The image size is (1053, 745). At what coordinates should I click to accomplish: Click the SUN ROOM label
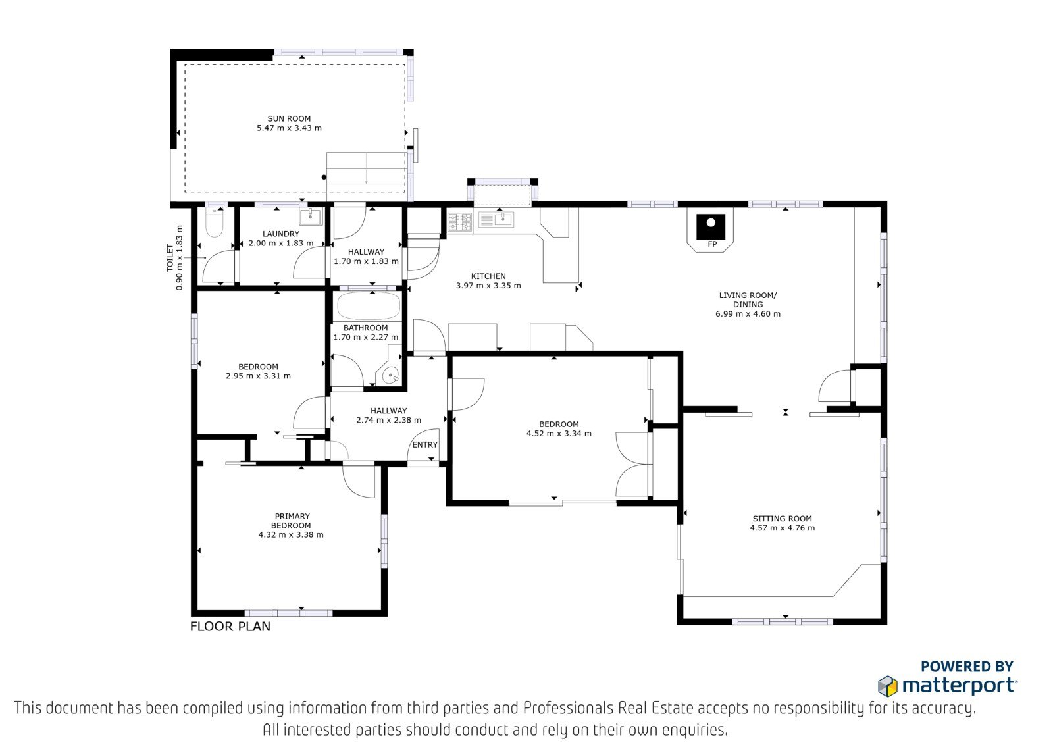[289, 119]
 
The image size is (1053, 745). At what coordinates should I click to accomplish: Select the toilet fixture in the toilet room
[215, 222]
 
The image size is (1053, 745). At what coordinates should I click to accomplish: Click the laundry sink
[311, 217]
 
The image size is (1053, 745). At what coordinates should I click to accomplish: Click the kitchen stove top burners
[460, 222]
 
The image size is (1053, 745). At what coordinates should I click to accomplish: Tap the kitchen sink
[496, 219]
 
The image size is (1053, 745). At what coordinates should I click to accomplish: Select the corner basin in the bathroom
[390, 376]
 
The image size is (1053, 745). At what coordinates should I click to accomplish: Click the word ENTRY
[425, 445]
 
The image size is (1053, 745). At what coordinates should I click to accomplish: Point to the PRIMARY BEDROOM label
[292, 521]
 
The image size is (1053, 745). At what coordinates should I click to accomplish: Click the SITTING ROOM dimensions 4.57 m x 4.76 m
[783, 528]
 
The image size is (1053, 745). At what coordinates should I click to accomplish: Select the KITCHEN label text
[488, 276]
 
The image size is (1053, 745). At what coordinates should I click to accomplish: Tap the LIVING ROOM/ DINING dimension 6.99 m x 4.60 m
[748, 314]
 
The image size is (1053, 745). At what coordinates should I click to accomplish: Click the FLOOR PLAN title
[230, 627]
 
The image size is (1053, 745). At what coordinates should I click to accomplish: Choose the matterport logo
[947, 686]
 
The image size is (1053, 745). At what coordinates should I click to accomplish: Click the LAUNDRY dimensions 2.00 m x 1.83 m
[281, 244]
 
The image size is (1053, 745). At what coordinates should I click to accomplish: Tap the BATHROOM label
[366, 328]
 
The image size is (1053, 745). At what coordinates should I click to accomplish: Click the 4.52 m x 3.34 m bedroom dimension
[559, 434]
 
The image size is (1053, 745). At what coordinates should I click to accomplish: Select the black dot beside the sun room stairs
[324, 177]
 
